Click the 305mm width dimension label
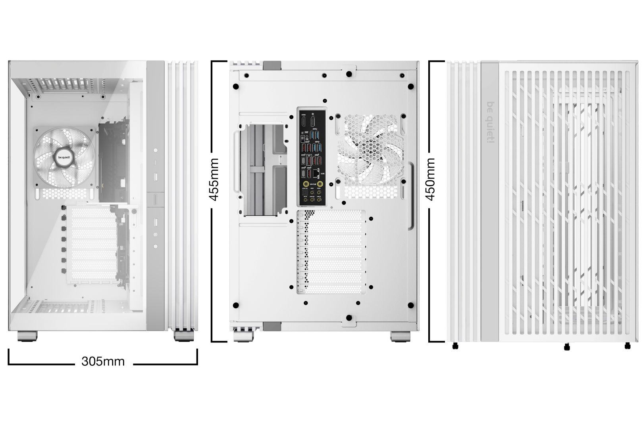coord(103,361)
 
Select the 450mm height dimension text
coord(430,179)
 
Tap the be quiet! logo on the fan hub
coord(64,157)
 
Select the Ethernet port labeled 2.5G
coord(316,174)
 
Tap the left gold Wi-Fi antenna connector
coord(306,184)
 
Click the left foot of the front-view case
coord(27,335)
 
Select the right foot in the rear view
coord(401,336)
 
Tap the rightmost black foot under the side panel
coord(627,346)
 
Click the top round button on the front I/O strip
coord(155,151)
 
